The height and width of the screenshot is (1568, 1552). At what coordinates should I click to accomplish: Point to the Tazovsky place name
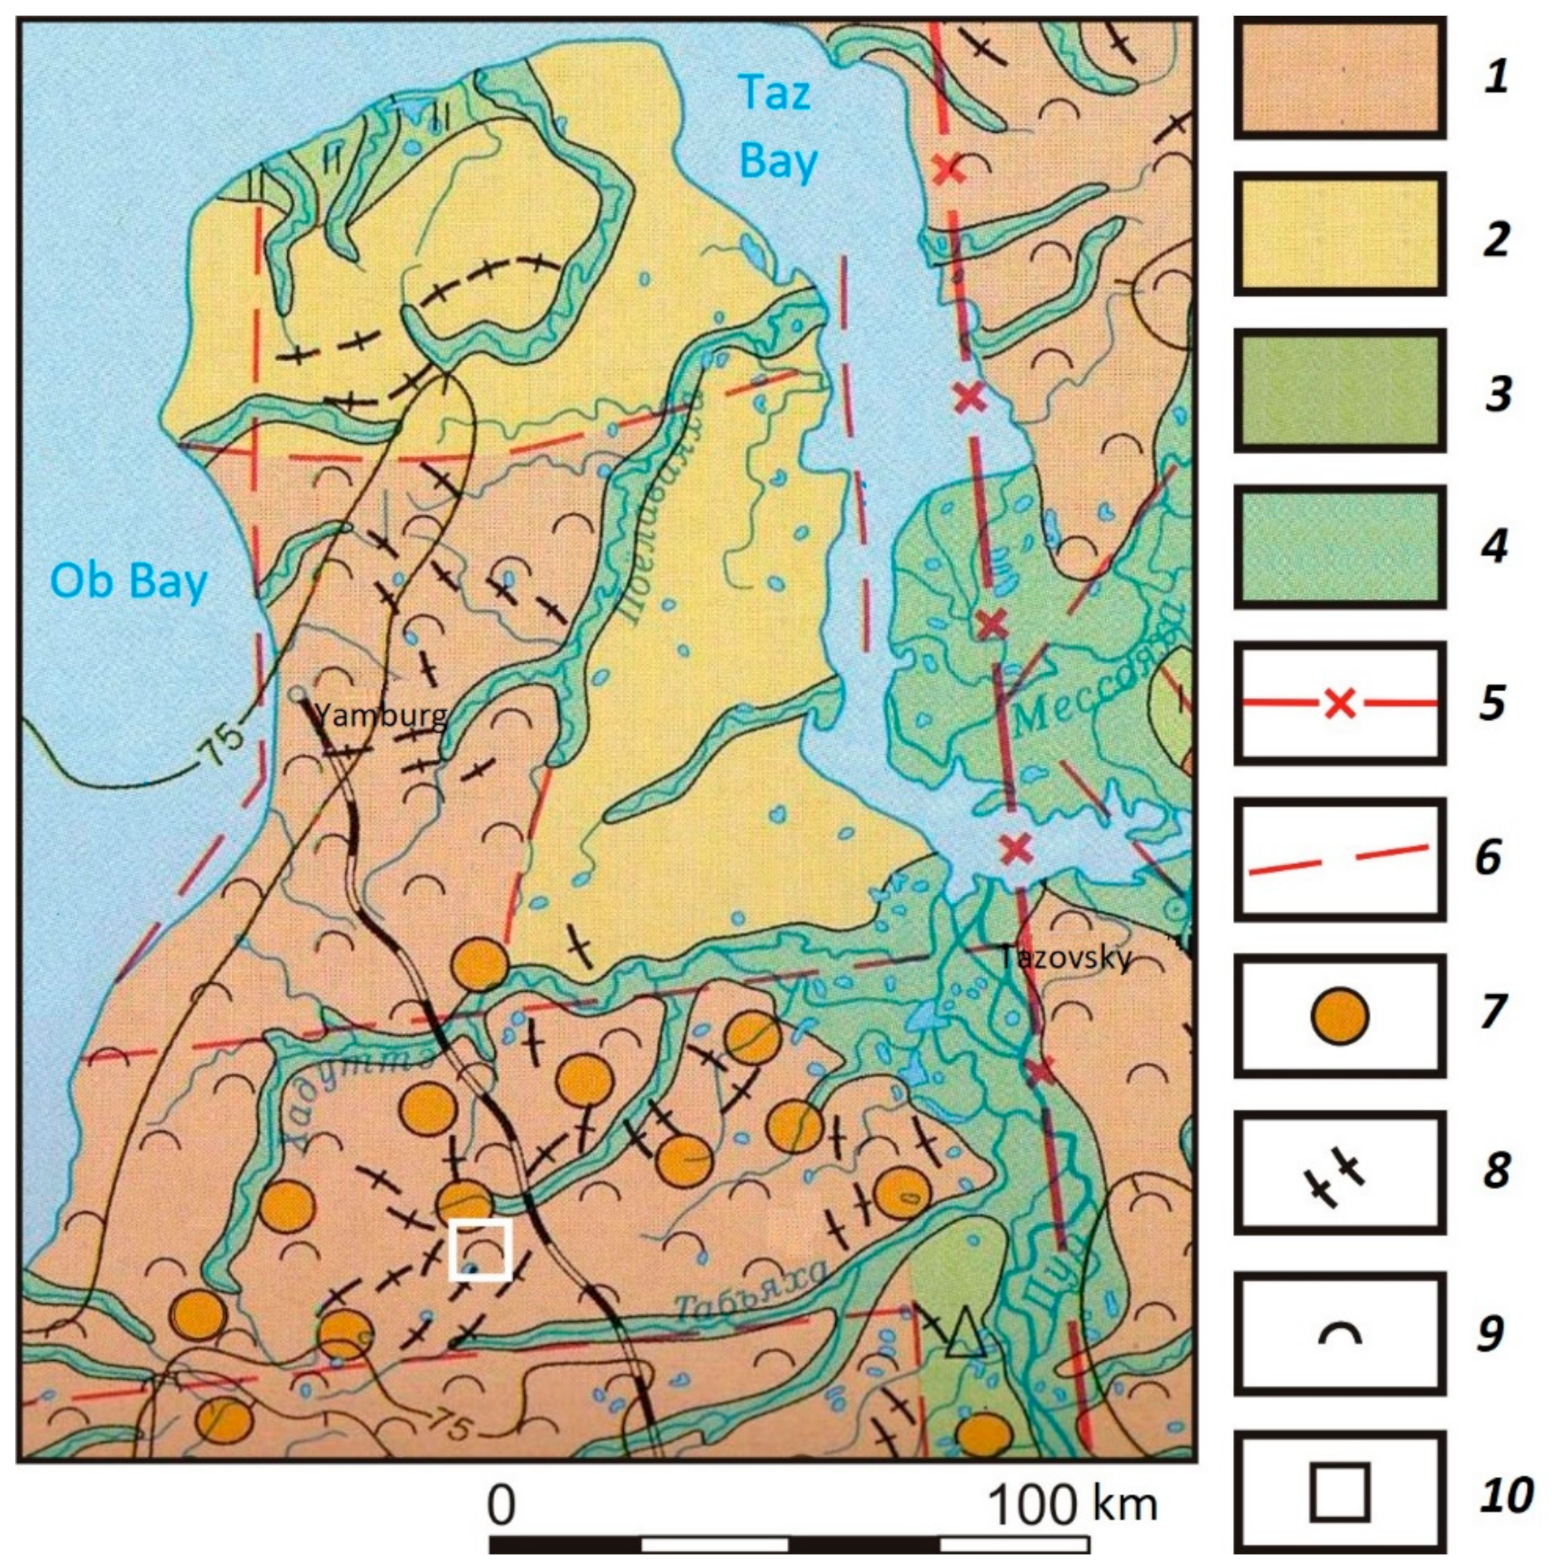point(1064,958)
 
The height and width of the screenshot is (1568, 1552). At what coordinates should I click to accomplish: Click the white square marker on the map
point(481,1249)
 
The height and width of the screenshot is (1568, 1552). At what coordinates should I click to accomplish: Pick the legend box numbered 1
point(1339,79)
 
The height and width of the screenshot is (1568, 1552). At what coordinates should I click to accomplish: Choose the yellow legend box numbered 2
point(1339,235)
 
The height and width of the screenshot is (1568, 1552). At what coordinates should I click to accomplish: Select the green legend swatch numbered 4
point(1339,546)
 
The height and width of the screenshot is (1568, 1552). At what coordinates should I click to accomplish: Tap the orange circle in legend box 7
point(1340,1015)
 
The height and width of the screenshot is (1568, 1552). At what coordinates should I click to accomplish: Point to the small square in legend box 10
point(1340,1492)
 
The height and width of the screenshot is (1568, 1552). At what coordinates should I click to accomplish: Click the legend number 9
point(1491,1333)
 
